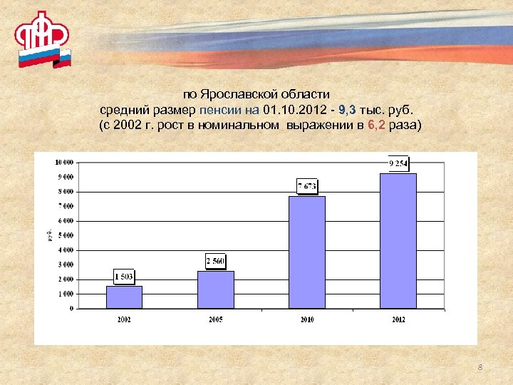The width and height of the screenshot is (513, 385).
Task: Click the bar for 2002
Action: (124, 297)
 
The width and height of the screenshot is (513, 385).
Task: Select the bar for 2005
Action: (215, 289)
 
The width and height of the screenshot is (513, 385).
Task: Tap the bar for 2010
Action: (307, 252)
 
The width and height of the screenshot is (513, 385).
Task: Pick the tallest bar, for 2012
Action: (398, 241)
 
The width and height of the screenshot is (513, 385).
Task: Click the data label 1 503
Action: (124, 276)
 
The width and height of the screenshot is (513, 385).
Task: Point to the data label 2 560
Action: (215, 261)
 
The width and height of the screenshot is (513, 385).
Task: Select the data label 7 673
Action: (307, 186)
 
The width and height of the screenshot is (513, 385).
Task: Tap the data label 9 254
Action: (398, 163)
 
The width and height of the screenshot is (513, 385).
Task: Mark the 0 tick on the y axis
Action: (71, 309)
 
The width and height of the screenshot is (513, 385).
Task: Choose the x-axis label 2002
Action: (124, 319)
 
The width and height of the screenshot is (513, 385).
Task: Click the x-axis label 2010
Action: (307, 319)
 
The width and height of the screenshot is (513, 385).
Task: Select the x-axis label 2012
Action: (398, 319)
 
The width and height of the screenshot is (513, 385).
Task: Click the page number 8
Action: (480, 367)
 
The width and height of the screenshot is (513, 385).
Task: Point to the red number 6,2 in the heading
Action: (377, 126)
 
